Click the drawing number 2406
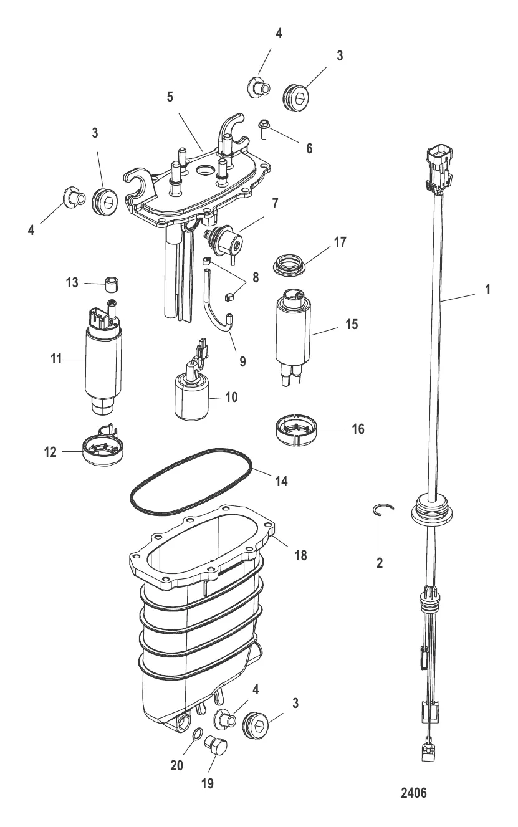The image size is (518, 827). tap(414, 793)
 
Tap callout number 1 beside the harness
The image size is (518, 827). tap(487, 289)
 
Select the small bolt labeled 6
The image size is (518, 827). tap(264, 129)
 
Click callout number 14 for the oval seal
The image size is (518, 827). tap(281, 481)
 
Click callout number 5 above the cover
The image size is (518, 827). tap(170, 97)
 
